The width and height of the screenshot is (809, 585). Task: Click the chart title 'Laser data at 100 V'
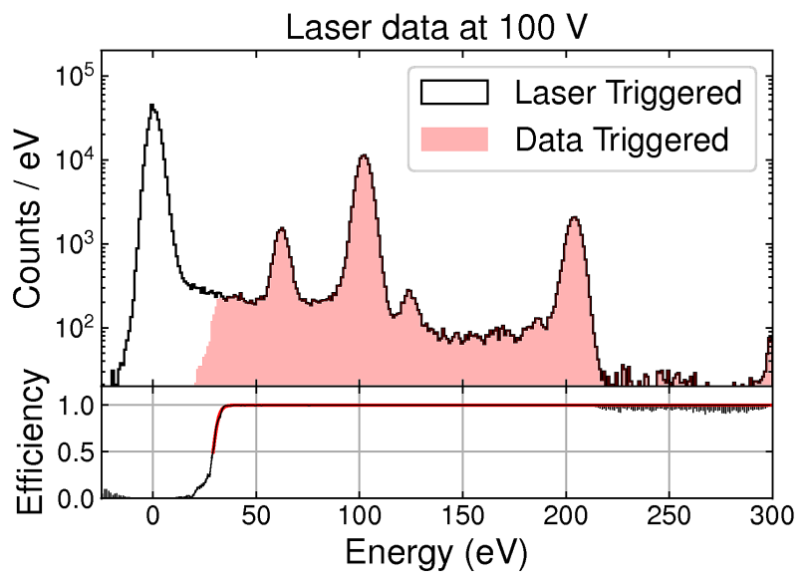click(438, 26)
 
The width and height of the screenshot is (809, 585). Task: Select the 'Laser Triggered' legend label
click(628, 94)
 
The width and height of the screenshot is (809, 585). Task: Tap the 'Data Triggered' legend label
click(622, 139)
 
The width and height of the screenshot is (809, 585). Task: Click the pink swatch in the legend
click(454, 139)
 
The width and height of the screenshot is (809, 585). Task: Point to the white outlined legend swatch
click(454, 94)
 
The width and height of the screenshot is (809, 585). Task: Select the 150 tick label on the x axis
click(462, 517)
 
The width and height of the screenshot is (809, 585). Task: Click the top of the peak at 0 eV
click(151, 105)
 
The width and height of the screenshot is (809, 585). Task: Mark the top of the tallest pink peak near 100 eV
click(364, 155)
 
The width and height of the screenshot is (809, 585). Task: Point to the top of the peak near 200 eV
click(573, 217)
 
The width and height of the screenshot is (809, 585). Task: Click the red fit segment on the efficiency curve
click(215, 434)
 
